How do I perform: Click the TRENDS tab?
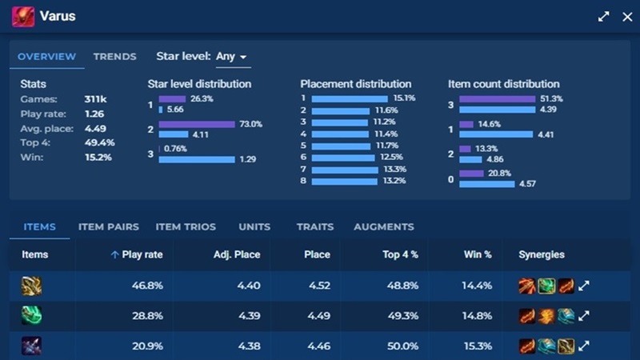coord(114,57)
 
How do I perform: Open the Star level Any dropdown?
coord(231,57)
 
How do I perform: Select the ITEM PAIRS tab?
coord(108,227)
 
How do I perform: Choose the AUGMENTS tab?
coord(384,227)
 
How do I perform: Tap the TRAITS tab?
coord(314,227)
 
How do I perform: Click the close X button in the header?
coord(626,16)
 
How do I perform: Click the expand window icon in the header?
coord(604,16)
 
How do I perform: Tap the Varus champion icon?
coord(23,16)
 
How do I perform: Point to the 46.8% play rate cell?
coord(147,286)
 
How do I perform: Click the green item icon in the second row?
coord(31,316)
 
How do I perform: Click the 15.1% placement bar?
coord(351,98)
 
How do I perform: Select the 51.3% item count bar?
coord(497,98)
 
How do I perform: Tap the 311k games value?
coord(95,99)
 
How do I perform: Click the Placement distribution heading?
coord(355,84)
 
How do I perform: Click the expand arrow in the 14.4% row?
coord(584,286)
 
